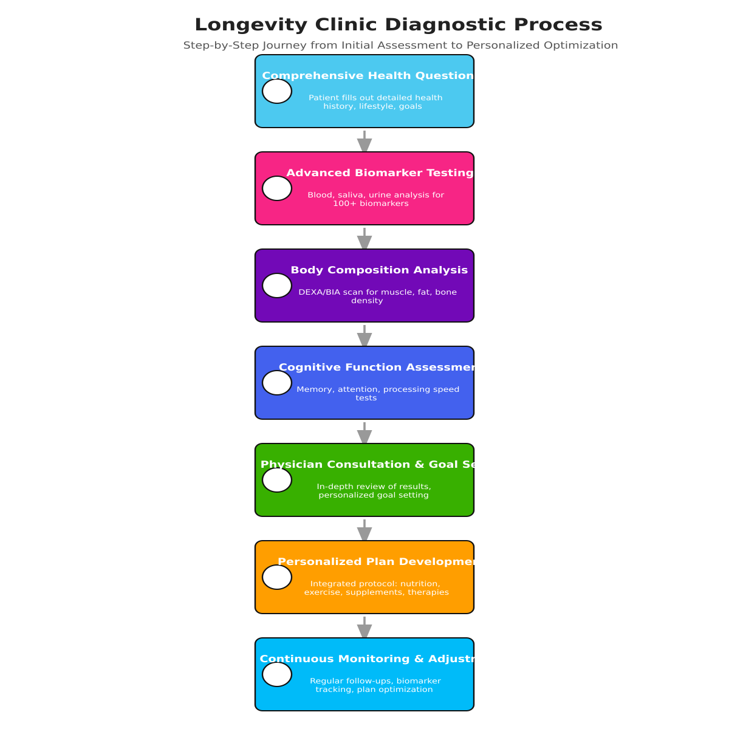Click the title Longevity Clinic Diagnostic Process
pos(398,25)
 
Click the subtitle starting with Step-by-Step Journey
pos(400,46)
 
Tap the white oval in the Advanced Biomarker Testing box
pos(277,188)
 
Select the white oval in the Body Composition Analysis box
pos(277,286)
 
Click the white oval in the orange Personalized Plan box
pos(277,577)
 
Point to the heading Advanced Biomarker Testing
pos(380,173)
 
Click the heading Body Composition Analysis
pos(379,270)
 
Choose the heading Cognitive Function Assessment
pos(376,368)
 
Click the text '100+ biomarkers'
pos(371,204)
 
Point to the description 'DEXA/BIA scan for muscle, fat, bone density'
pos(377,296)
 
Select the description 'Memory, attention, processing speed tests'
pos(377,394)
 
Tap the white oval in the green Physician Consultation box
pos(277,480)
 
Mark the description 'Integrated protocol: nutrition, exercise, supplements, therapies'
pos(376,588)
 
